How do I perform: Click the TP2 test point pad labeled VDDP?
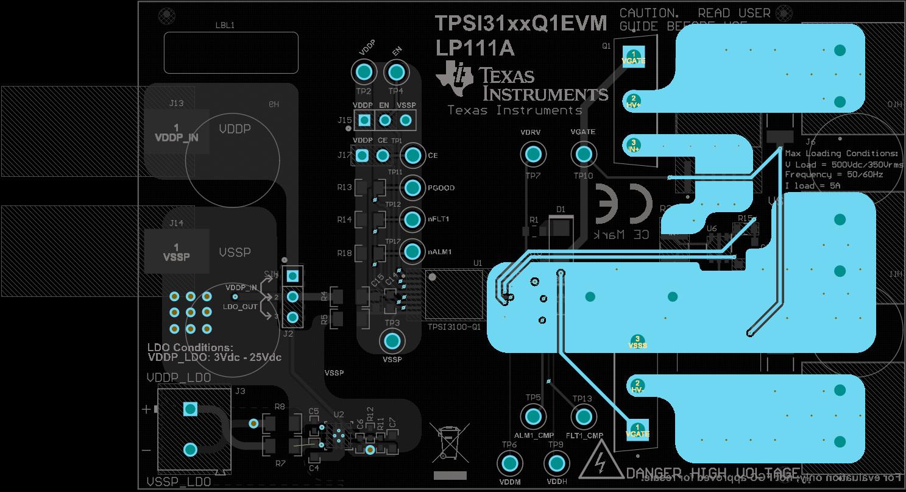pyautogui.click(x=364, y=73)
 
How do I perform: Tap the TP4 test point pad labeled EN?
pyautogui.click(x=396, y=73)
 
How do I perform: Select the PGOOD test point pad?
pyautogui.click(x=412, y=187)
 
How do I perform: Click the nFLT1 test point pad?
pyautogui.click(x=412, y=218)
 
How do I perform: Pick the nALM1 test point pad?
pyautogui.click(x=412, y=251)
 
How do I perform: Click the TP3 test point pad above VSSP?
pyautogui.click(x=392, y=341)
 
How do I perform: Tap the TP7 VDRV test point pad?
pyautogui.click(x=533, y=154)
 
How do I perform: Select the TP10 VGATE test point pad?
pyautogui.click(x=583, y=154)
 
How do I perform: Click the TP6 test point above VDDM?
pyautogui.click(x=509, y=465)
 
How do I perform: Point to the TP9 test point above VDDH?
pyautogui.click(x=556, y=465)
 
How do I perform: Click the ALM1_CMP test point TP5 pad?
pyautogui.click(x=533, y=417)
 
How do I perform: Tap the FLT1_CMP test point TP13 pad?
pyautogui.click(x=582, y=417)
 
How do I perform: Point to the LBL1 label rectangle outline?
pyautogui.click(x=231, y=52)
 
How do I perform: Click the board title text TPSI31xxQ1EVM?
pyautogui.click(x=521, y=23)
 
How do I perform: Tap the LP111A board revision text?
pyautogui.click(x=475, y=48)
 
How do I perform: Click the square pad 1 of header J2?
pyautogui.click(x=292, y=276)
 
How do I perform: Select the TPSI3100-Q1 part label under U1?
pyautogui.click(x=454, y=327)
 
